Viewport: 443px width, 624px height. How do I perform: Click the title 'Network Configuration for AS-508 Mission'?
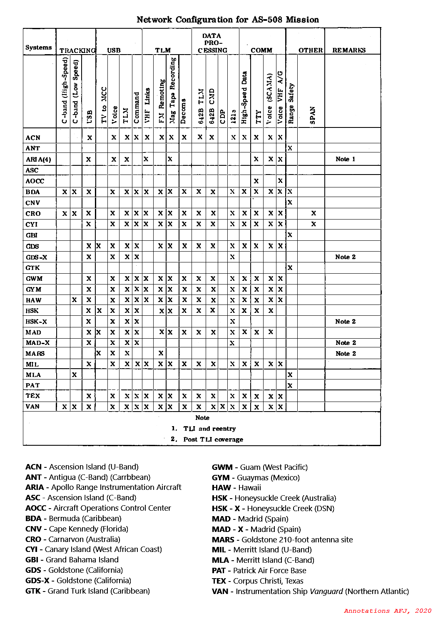click(228, 20)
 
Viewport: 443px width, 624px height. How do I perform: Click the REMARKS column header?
click(349, 50)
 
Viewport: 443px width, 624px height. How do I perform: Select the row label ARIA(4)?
click(38, 160)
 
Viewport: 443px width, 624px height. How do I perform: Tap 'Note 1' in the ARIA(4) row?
click(345, 159)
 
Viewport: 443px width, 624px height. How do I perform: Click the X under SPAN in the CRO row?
click(314, 213)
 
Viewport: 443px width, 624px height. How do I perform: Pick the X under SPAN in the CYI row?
click(314, 224)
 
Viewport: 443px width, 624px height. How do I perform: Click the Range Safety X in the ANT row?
click(290, 148)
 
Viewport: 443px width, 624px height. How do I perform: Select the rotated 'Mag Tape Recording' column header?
click(173, 90)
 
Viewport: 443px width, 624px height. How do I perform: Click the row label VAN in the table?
click(32, 407)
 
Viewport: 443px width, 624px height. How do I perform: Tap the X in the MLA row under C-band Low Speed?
click(74, 374)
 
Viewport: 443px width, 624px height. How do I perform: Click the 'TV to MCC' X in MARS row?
click(99, 353)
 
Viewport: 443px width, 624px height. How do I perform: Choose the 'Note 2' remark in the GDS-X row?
click(345, 257)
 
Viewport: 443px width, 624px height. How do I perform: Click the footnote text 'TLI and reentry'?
click(209, 429)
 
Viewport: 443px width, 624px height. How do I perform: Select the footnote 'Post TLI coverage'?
click(213, 439)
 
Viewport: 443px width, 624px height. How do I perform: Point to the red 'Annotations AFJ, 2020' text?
click(388, 611)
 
